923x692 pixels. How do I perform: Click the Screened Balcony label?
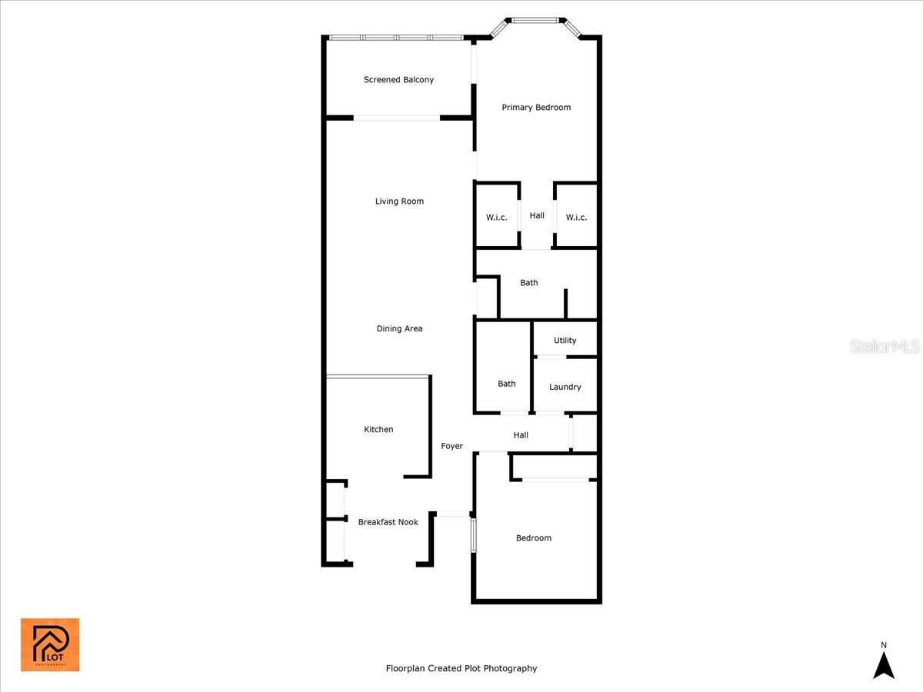coord(398,80)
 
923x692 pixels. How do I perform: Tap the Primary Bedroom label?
coord(536,108)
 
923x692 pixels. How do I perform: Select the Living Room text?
coord(399,201)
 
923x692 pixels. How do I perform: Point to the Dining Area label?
coord(399,329)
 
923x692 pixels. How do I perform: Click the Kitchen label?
coord(378,430)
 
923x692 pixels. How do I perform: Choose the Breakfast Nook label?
coord(388,523)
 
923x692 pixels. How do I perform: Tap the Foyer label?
coord(452,447)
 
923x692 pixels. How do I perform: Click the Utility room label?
coord(565,341)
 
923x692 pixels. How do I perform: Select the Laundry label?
coord(565,388)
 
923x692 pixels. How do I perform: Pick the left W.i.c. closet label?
coord(496,218)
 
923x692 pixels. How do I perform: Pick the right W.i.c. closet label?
coord(576,218)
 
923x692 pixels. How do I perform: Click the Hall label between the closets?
coord(537,216)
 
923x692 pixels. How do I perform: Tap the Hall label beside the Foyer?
coord(521,436)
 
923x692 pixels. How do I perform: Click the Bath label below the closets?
coord(528,283)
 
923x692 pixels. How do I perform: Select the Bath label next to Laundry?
coord(506,384)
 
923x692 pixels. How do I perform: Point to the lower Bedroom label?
coord(533,538)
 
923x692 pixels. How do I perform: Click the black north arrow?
coord(884,664)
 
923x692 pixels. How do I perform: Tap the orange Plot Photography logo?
coord(50,644)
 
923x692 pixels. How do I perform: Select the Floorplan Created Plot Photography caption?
coord(461,669)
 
